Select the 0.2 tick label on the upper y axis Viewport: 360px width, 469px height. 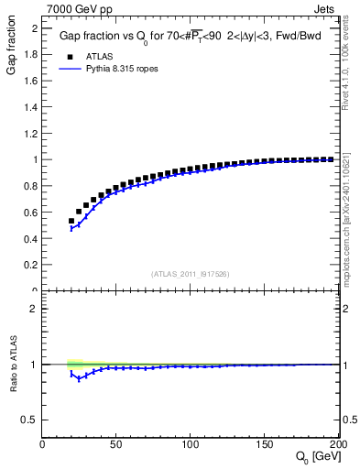pos(30,266)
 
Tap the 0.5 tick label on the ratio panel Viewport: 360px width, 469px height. pos(30,420)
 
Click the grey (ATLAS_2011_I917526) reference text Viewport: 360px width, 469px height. pos(191,274)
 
